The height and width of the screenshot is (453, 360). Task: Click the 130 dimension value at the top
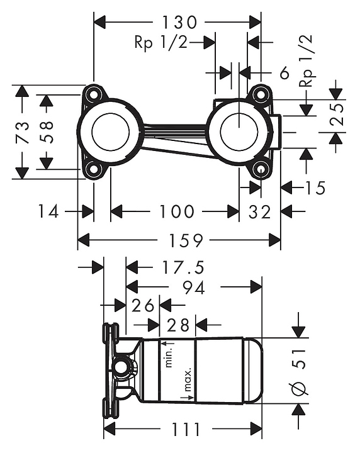click(x=179, y=22)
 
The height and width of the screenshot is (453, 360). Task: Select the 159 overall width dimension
click(x=186, y=240)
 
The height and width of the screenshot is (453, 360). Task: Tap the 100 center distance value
click(x=176, y=211)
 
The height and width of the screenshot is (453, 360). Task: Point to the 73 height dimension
click(x=23, y=132)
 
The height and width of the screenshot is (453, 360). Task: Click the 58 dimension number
click(x=46, y=132)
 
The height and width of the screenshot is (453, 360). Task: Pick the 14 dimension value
click(x=48, y=211)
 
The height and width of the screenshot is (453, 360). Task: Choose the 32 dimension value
click(x=259, y=212)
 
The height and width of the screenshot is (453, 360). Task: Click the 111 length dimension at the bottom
click(x=186, y=430)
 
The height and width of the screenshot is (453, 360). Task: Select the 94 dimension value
click(x=194, y=288)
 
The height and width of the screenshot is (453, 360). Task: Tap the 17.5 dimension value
click(x=183, y=267)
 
